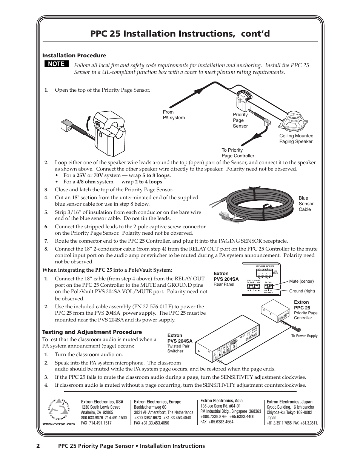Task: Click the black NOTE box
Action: tap(56, 64)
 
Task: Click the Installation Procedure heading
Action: tap(74, 55)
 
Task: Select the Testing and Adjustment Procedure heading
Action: tap(92, 332)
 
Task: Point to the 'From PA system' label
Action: tap(174, 115)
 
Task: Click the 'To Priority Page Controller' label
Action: tap(238, 153)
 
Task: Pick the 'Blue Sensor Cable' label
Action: tap(306, 204)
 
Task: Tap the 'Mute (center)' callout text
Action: tap(301, 281)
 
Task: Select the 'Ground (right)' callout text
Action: tap(302, 291)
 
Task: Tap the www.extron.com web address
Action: tap(59, 424)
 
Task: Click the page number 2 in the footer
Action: tap(38, 446)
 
